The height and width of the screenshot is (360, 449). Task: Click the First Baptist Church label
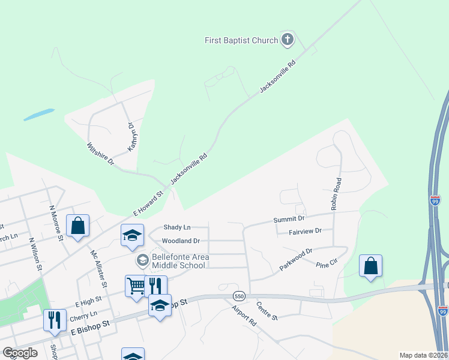241,40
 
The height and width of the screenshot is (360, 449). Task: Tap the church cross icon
288,40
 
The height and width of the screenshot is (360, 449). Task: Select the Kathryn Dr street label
131,136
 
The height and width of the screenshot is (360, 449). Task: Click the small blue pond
39,114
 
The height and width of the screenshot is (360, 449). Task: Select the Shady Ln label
177,227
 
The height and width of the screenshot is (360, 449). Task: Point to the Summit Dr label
289,220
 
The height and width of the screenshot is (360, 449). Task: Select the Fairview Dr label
305,231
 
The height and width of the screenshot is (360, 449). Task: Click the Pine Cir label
328,264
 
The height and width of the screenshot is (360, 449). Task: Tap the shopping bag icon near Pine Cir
370,266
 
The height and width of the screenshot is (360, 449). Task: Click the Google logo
20,353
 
